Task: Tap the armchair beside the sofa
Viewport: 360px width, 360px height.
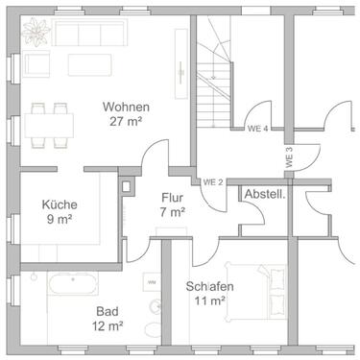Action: (x=37, y=65)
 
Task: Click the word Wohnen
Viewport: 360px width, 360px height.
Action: (x=126, y=107)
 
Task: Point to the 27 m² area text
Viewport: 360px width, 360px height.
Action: (x=126, y=122)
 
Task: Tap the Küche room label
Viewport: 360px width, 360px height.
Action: (x=60, y=204)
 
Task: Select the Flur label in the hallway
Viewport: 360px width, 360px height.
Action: (x=173, y=198)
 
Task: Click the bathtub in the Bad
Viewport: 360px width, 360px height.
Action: (x=71, y=285)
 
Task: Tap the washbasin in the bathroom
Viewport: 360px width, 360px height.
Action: (x=150, y=281)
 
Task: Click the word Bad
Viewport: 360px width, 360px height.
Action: (x=108, y=311)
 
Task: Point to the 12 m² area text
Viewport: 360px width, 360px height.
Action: (x=108, y=326)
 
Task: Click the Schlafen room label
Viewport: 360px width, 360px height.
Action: (x=210, y=286)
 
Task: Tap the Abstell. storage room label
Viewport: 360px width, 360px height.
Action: (x=264, y=194)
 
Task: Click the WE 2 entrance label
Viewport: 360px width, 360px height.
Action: (x=212, y=181)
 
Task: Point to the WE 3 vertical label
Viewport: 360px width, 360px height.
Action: (x=288, y=156)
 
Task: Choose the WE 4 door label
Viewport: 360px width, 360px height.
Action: (x=256, y=129)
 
